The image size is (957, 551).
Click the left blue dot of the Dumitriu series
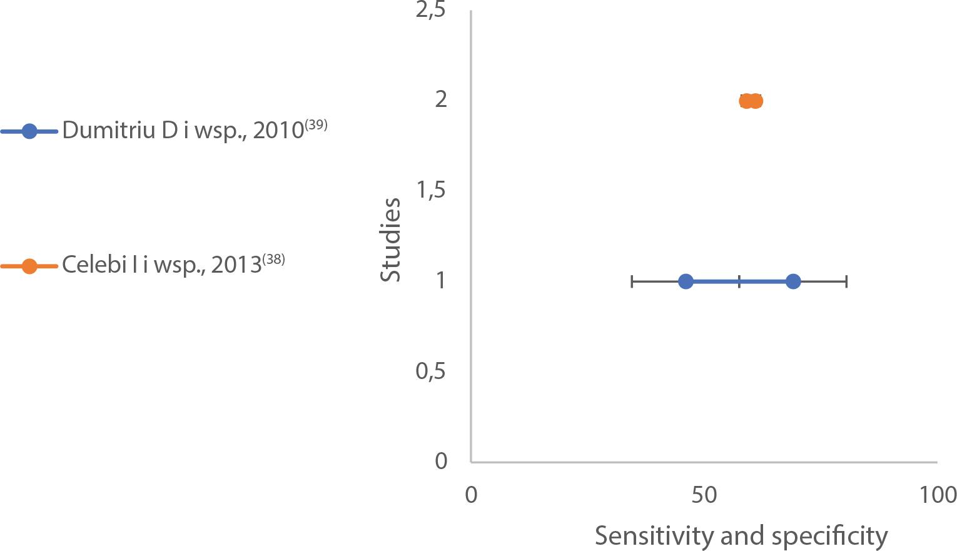tap(686, 281)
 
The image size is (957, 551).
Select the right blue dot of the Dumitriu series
tap(792, 281)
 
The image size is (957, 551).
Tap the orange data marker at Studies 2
tap(751, 101)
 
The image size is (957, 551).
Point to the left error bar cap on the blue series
tap(632, 281)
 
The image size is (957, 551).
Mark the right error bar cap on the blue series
tap(846, 281)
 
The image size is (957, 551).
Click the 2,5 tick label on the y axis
tap(431, 11)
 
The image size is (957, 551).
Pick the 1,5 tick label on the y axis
tap(431, 190)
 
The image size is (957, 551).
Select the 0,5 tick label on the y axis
tap(431, 371)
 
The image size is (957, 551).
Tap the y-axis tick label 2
tap(441, 99)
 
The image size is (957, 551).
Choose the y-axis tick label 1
tap(441, 281)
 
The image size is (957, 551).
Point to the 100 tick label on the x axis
tap(937, 495)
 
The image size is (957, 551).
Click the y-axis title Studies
tap(392, 240)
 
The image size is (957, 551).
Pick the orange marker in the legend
tap(29, 266)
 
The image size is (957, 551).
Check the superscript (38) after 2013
tap(273, 259)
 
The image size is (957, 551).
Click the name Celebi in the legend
tap(84, 265)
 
